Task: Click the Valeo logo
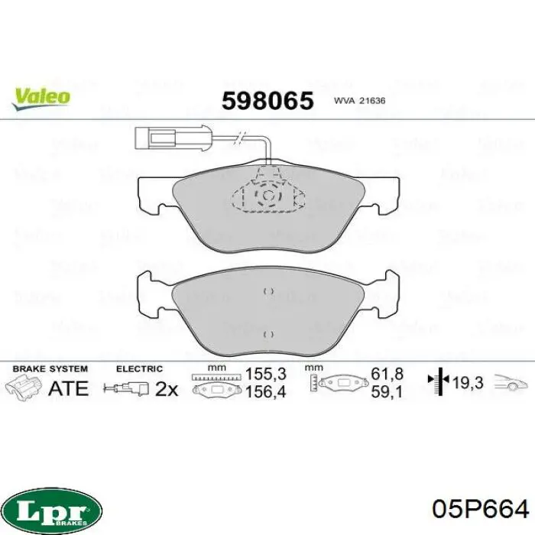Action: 41,99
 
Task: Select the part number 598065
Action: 267,101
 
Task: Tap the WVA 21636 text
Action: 360,101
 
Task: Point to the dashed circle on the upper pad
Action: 267,196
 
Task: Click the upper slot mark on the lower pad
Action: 268,291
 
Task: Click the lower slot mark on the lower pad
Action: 268,335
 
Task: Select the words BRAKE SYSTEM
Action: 50,369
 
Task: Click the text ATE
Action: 69,388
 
